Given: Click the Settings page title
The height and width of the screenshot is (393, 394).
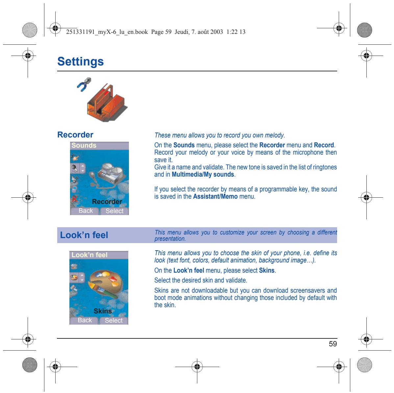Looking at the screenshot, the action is click(80, 61).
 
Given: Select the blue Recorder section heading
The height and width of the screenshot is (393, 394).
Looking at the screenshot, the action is click(75, 135).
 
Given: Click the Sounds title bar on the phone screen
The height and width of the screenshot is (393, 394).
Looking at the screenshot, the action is click(99, 145).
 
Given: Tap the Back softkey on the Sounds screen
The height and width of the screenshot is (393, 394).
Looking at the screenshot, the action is click(86, 211).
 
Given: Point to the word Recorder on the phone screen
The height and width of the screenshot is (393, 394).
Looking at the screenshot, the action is click(107, 202).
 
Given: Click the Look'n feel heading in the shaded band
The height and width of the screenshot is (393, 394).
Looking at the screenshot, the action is click(84, 235).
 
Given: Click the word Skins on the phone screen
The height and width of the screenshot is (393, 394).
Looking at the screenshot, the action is click(103, 311).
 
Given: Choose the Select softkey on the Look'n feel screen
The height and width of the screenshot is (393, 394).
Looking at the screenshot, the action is click(114, 320).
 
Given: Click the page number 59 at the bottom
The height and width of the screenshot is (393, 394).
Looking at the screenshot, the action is click(333, 344).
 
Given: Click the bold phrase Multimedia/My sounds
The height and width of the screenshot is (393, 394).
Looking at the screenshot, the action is click(203, 174).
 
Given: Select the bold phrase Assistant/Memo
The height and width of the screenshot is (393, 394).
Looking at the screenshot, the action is click(215, 197).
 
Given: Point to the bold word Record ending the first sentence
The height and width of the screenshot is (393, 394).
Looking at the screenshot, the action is click(324, 145).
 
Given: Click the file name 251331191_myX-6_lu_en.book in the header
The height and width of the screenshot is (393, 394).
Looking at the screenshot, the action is click(107, 32).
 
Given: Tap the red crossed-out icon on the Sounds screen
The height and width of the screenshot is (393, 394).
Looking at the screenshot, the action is click(74, 199).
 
